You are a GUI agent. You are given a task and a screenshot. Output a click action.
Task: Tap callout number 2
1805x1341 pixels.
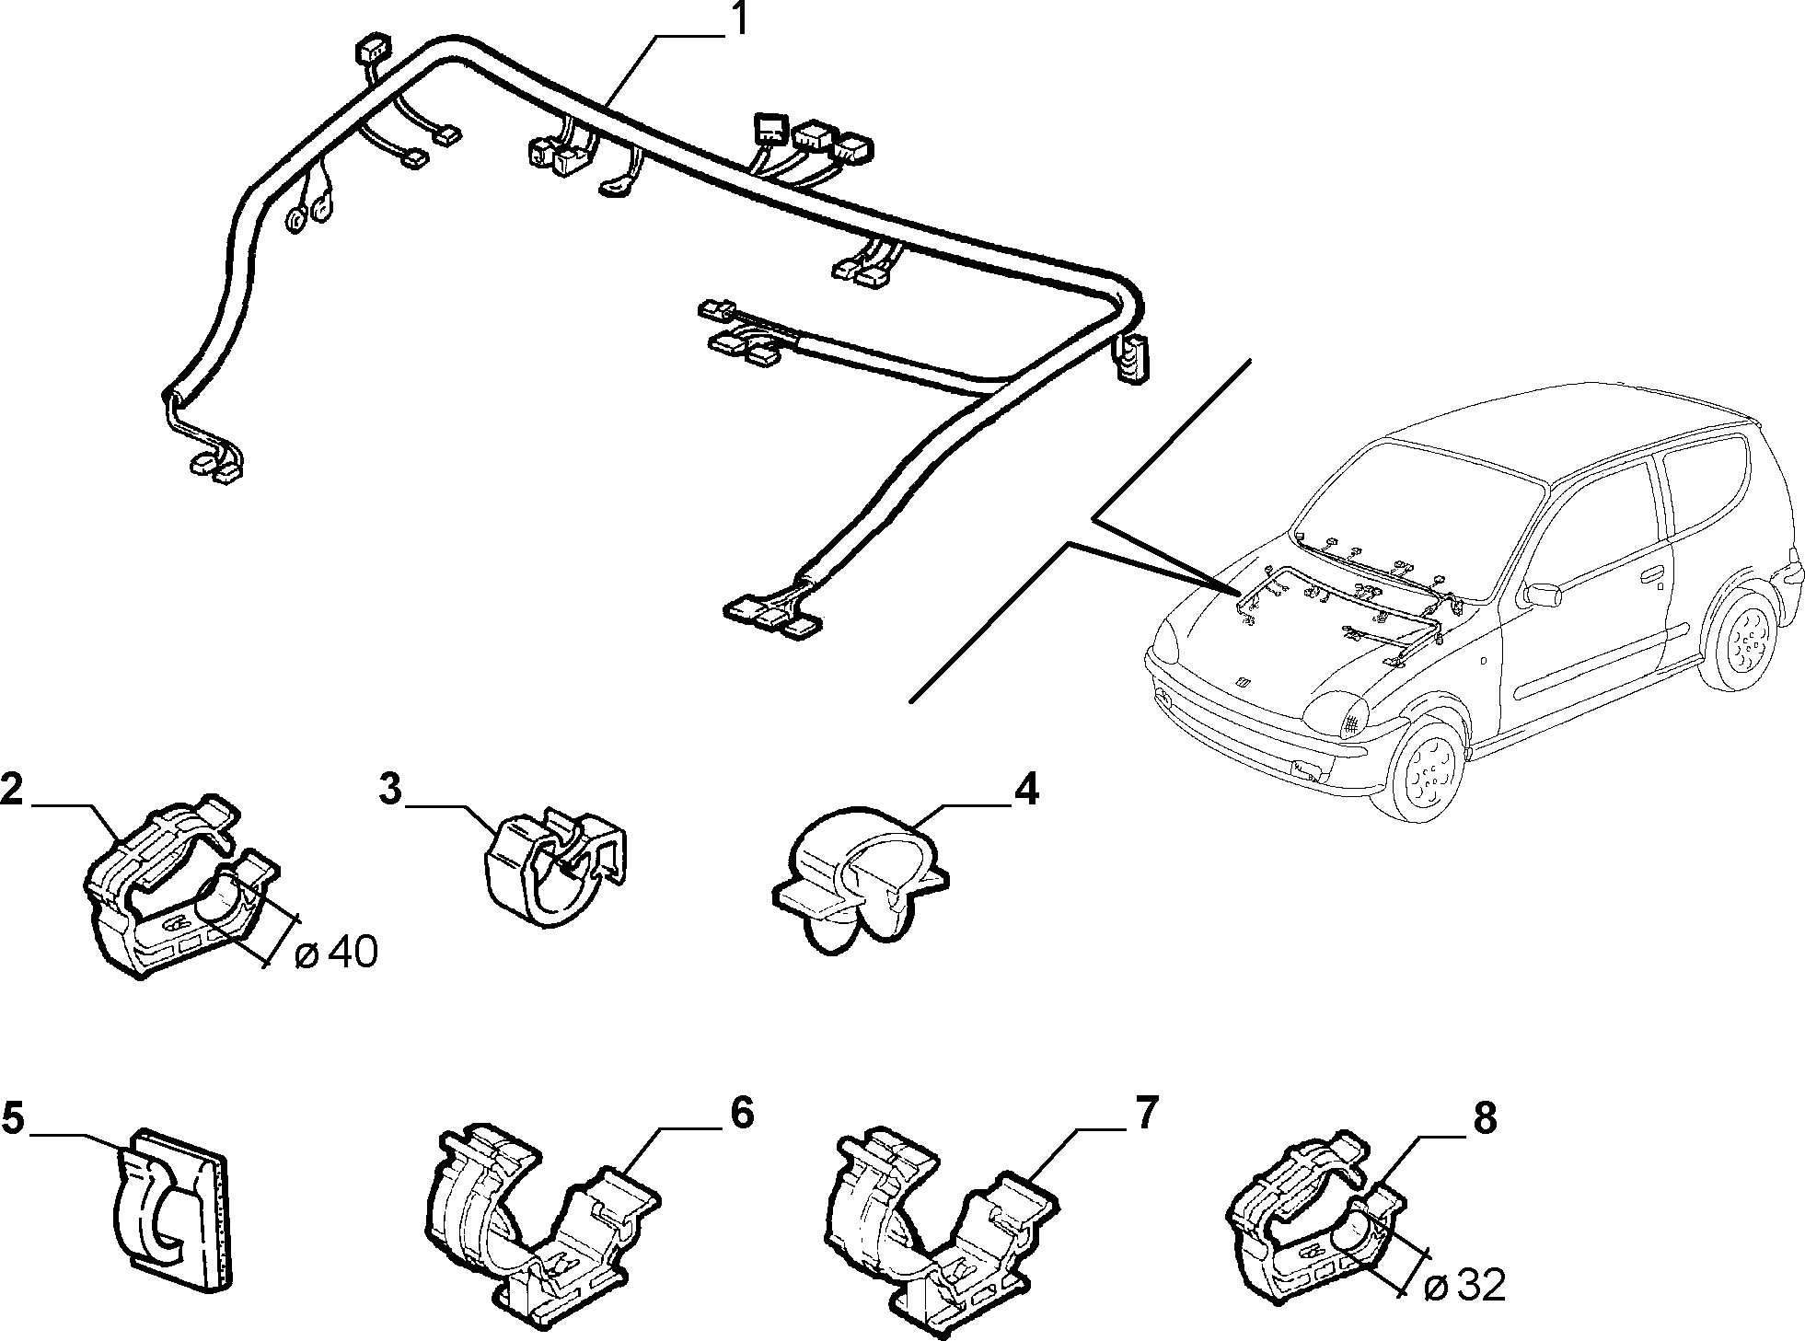pos(12,791)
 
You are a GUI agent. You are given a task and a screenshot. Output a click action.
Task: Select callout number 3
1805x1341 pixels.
pos(390,791)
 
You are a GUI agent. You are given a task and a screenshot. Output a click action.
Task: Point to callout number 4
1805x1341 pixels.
pos(1026,791)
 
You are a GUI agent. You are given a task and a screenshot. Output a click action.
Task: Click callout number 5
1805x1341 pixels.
pos(12,1117)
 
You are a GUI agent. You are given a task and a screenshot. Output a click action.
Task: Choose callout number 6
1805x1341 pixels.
pos(742,1113)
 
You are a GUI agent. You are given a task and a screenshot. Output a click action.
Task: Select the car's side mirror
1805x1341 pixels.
pos(1544,592)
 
